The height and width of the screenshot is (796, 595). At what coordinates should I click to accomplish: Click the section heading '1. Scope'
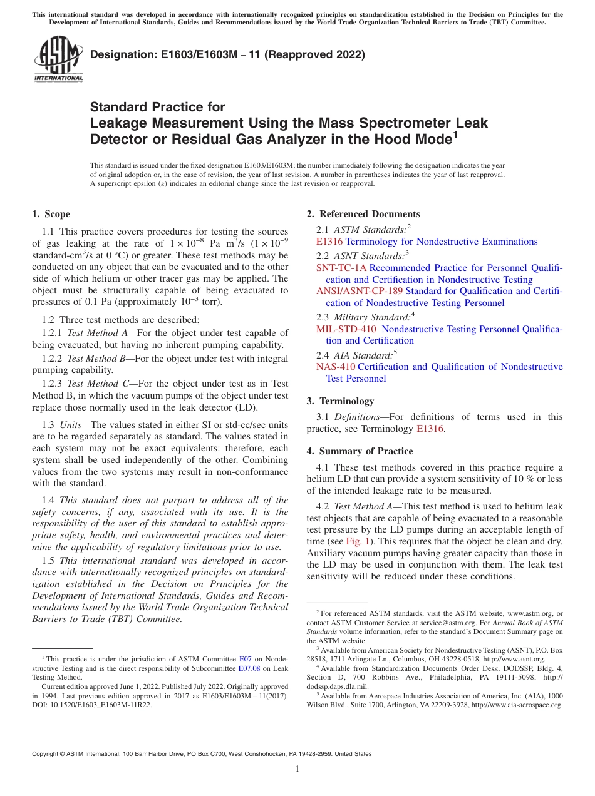pos(51,214)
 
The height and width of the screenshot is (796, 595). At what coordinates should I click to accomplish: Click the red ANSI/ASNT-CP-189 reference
pos(360,292)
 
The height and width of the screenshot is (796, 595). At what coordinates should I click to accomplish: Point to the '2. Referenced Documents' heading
pos(363,214)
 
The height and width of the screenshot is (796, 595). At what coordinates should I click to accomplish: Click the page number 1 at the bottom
pos(297,768)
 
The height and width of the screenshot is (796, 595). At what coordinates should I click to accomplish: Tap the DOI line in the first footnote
pos(92,704)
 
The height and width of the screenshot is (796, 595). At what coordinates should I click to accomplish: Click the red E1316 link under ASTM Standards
pos(329,242)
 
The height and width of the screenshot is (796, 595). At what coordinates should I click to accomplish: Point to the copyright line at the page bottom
pos(202,754)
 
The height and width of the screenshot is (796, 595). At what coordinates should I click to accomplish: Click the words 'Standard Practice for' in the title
pos(158,107)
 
